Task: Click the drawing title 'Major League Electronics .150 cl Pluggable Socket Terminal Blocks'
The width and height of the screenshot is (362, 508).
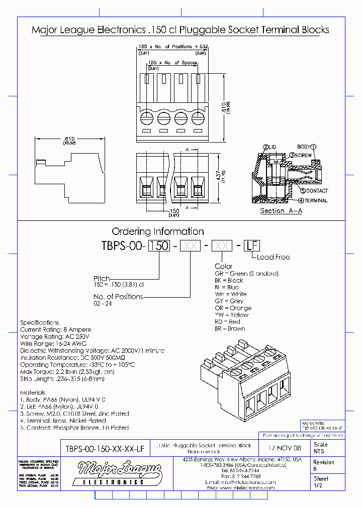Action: pyautogui.click(x=180, y=30)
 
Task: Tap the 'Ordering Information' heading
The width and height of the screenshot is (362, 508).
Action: pyautogui.click(x=157, y=231)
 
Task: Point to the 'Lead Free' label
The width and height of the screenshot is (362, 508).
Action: pyautogui.click(x=273, y=257)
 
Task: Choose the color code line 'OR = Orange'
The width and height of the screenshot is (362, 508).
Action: pyautogui.click(x=233, y=308)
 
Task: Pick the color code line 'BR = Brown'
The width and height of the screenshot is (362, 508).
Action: pyautogui.click(x=230, y=329)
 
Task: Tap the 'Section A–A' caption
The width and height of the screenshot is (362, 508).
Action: pyautogui.click(x=281, y=211)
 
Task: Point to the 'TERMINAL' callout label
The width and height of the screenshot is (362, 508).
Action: pyautogui.click(x=316, y=200)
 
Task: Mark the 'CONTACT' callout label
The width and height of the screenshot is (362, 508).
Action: pyautogui.click(x=317, y=191)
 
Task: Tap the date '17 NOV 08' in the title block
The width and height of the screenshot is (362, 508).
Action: pyautogui.click(x=285, y=448)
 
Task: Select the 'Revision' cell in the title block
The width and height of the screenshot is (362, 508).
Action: pyautogui.click(x=324, y=462)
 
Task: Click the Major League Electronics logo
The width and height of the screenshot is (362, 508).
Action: pyautogui.click(x=120, y=474)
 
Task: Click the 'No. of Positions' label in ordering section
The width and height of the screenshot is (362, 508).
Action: pyautogui.click(x=118, y=297)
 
